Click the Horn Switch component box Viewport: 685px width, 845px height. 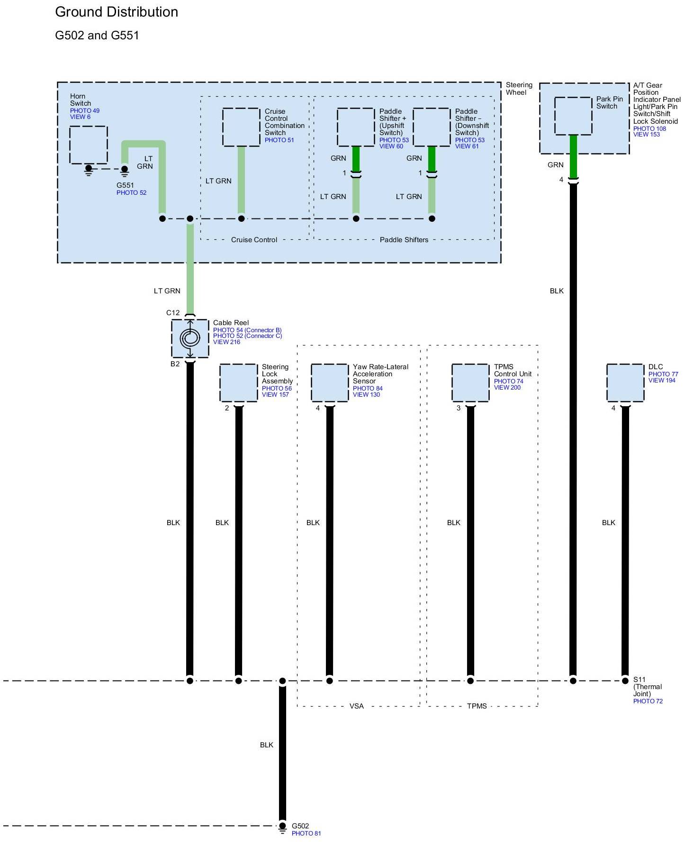pyautogui.click(x=89, y=145)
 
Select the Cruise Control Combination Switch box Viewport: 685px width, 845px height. pyautogui.click(x=241, y=127)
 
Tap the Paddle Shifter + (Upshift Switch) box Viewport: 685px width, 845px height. pyautogui.click(x=356, y=127)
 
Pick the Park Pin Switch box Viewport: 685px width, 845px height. pyautogui.click(x=573, y=116)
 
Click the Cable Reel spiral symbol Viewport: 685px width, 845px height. pyautogui.click(x=190, y=338)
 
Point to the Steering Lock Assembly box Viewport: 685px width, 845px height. pyautogui.click(x=238, y=383)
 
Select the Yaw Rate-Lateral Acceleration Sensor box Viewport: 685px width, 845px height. pyautogui.click(x=330, y=383)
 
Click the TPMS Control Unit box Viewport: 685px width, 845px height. pyautogui.click(x=470, y=383)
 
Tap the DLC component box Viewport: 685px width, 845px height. pyautogui.click(x=625, y=383)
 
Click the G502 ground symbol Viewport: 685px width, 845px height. pyautogui.click(x=282, y=827)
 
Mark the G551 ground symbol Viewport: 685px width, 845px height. pyautogui.click(x=125, y=171)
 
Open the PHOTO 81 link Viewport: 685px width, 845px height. pyautogui.click(x=306, y=834)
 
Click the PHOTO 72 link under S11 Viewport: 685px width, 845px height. pyautogui.click(x=648, y=701)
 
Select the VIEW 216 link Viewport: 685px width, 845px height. pyautogui.click(x=226, y=342)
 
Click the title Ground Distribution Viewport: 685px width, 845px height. pyautogui.click(x=117, y=12)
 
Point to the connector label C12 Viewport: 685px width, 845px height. pyautogui.click(x=173, y=313)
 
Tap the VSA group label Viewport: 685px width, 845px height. pyautogui.click(x=357, y=706)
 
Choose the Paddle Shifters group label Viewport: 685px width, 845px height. pyautogui.click(x=404, y=240)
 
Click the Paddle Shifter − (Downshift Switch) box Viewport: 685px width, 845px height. pyautogui.click(x=432, y=127)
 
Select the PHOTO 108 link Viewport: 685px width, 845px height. pyautogui.click(x=649, y=128)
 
